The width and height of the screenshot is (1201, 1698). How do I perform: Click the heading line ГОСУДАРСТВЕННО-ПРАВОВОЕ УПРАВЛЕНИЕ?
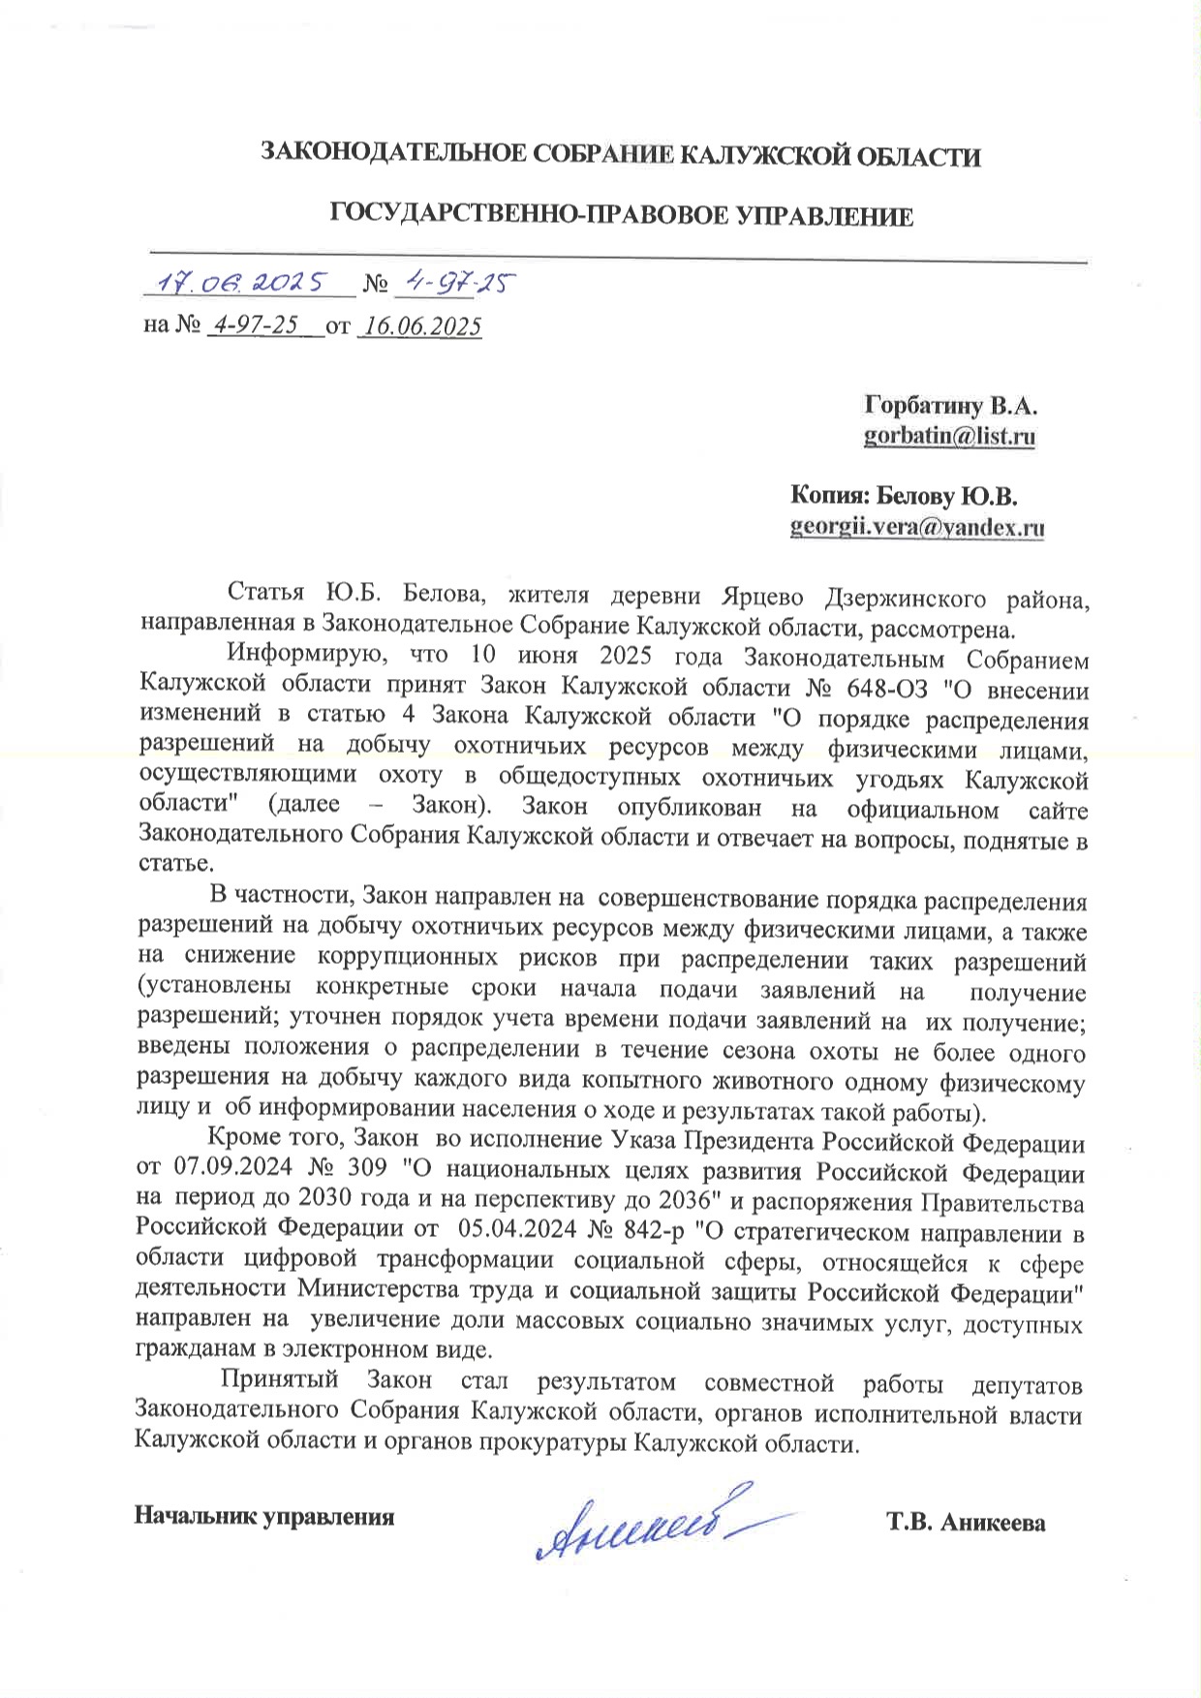[x=622, y=216]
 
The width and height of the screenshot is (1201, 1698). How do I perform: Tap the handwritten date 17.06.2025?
[x=247, y=283]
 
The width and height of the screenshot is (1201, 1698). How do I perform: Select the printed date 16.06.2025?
[x=420, y=327]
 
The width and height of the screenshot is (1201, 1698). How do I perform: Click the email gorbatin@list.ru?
[x=949, y=437]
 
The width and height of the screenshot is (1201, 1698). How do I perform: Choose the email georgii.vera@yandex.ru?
[x=917, y=528]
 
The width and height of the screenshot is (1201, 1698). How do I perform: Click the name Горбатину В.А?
[x=951, y=405]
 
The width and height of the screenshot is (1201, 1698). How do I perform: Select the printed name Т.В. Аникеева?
[x=966, y=1523]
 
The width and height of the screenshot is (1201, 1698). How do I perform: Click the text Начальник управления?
[x=264, y=1516]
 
